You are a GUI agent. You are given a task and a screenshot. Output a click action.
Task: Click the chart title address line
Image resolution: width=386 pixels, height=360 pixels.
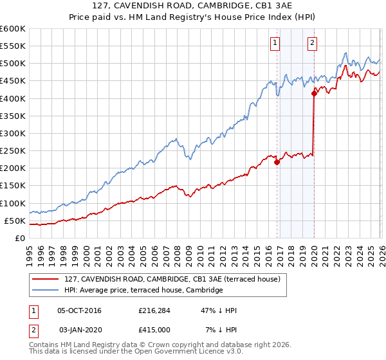[193, 6]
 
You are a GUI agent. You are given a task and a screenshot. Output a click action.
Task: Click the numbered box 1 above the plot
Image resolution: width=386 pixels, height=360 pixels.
[275, 43]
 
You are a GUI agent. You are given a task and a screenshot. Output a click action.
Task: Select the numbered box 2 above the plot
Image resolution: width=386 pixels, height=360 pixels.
[312, 43]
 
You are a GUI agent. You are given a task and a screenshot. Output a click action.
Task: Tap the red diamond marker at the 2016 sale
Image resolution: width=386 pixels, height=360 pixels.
[277, 162]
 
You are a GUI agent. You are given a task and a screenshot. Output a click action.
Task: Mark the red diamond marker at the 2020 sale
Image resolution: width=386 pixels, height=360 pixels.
[315, 94]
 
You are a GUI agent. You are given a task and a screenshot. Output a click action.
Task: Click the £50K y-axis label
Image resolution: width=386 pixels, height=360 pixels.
[15, 221]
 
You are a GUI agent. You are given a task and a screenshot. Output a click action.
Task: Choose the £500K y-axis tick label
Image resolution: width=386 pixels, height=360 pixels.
[13, 64]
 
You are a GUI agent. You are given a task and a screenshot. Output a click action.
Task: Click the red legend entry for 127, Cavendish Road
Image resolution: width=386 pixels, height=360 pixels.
[172, 280]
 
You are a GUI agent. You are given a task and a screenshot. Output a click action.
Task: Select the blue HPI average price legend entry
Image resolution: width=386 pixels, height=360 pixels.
[143, 291]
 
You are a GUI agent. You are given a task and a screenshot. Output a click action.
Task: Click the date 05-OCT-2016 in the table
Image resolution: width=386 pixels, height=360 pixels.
[80, 310]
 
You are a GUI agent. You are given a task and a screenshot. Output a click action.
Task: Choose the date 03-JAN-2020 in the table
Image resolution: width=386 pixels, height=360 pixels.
[80, 330]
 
